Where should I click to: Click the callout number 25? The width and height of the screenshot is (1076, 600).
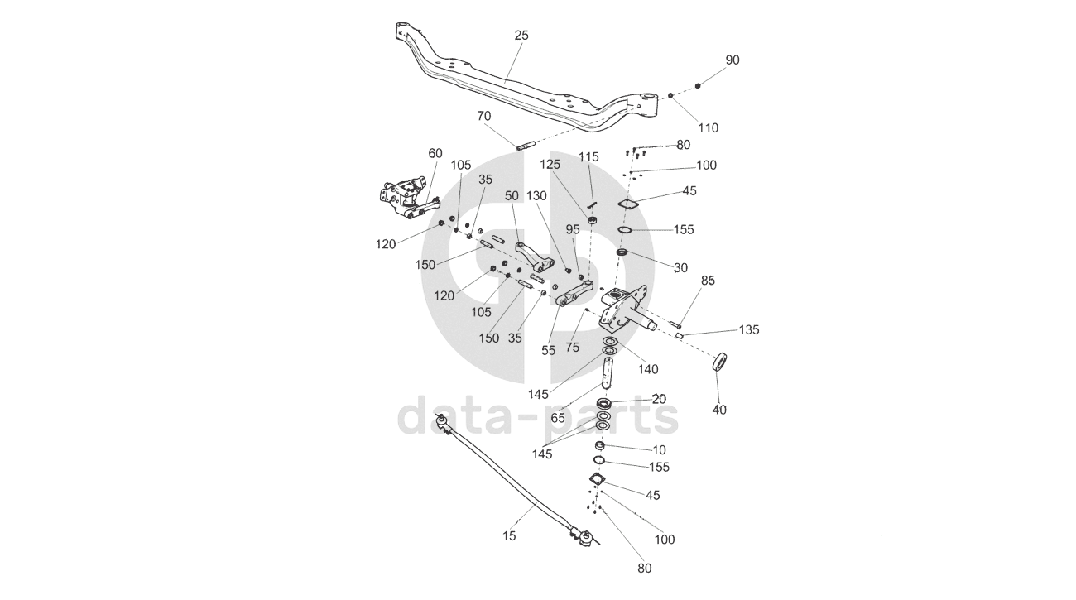[521, 36]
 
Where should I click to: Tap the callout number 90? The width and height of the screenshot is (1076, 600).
[733, 60]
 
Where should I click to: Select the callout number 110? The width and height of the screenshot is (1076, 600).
[708, 127]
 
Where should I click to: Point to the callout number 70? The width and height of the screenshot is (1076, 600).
[484, 116]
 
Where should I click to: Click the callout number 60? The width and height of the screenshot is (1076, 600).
[435, 153]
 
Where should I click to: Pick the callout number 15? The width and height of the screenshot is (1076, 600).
[508, 536]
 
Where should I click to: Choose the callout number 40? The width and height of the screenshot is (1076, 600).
[719, 410]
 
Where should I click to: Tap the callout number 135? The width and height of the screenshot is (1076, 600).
[749, 330]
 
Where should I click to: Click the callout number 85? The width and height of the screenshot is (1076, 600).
[708, 280]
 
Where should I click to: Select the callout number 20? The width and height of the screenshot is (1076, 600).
[659, 399]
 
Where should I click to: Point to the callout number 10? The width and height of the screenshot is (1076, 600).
[659, 449]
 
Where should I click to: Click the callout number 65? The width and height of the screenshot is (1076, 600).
[558, 419]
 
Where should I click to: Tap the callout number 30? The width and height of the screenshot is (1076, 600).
[680, 267]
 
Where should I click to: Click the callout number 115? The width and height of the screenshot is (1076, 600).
[588, 157]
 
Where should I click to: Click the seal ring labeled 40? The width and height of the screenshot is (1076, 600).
[721, 362]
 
